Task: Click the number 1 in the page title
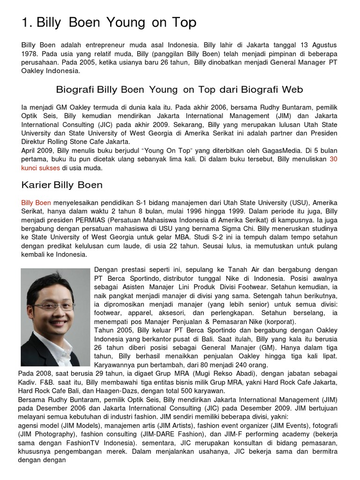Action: coord(25,22)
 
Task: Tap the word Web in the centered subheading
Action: coord(292,89)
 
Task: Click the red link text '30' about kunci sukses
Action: coord(333,159)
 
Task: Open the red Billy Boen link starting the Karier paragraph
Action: coord(36,203)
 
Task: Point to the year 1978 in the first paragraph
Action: coord(30,54)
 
